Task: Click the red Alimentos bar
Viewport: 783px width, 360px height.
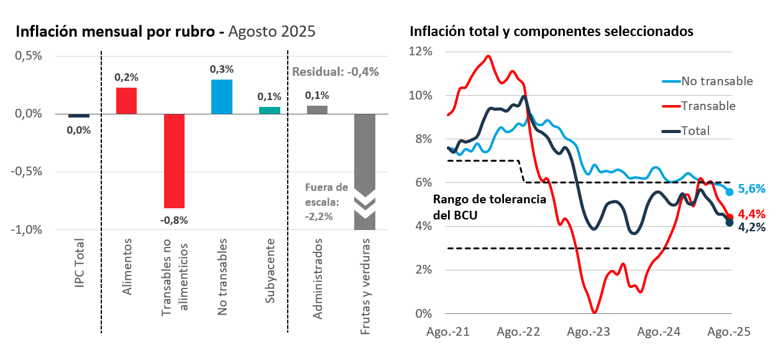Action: pos(126,101)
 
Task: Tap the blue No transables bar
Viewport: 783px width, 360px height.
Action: pos(221,96)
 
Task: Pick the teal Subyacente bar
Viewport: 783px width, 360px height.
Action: pos(269,110)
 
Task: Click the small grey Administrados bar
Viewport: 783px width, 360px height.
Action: pos(317,110)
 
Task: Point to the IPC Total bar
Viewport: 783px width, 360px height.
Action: pos(78,116)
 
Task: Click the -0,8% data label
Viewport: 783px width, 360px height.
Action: pos(174,219)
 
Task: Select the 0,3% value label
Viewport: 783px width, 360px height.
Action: pos(221,69)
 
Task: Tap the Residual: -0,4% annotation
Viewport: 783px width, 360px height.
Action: pos(336,72)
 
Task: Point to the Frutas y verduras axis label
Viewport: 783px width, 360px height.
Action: pos(365,286)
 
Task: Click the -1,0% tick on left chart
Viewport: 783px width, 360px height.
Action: pos(27,229)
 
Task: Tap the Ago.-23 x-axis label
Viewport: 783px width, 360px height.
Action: pos(588,331)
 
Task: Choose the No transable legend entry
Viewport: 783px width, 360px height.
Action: pos(717,81)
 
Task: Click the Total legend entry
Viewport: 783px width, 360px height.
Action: pos(695,131)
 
